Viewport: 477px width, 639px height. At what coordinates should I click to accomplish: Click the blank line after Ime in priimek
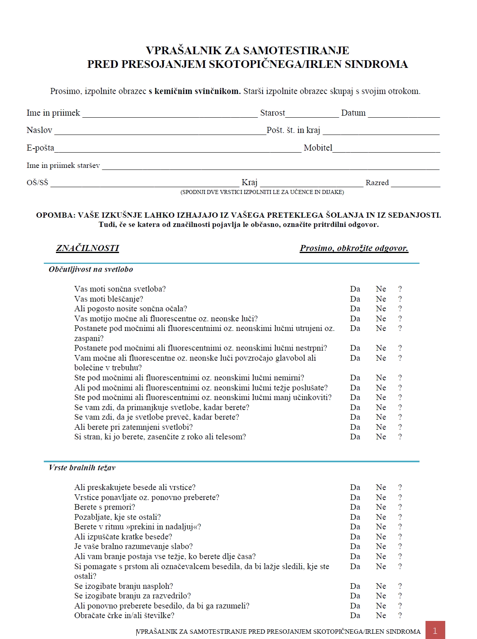[170, 114]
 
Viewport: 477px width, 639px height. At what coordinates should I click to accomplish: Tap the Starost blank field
[312, 114]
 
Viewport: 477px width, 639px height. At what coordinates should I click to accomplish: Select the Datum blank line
[404, 114]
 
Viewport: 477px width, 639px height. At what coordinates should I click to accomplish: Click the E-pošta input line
[178, 149]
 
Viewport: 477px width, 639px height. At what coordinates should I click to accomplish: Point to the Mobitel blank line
[386, 149]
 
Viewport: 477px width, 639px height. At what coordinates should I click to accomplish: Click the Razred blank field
[415, 184]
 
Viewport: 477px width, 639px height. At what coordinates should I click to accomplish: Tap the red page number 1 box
[435, 630]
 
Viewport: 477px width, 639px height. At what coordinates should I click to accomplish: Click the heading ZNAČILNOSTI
[87, 248]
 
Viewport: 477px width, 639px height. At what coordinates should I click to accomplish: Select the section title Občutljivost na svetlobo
[91, 269]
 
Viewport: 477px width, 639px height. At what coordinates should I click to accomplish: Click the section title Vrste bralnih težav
[82, 468]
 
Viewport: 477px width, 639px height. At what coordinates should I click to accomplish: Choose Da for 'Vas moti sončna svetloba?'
[355, 289]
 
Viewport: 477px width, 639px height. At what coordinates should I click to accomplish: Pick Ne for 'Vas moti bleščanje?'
[381, 299]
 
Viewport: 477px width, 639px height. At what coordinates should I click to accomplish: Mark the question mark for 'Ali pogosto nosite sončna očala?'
[400, 309]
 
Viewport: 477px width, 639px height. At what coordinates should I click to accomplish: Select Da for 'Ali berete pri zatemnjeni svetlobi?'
[355, 427]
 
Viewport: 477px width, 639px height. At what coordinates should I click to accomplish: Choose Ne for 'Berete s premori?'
[381, 507]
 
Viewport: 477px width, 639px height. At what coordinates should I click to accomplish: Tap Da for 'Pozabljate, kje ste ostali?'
[355, 517]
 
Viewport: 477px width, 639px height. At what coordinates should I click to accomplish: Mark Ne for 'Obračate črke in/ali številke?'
[381, 616]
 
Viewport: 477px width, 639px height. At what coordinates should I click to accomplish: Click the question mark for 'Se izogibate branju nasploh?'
[400, 586]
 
